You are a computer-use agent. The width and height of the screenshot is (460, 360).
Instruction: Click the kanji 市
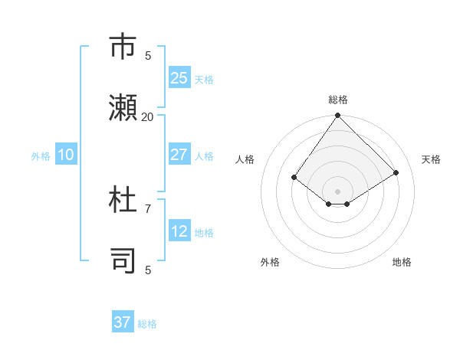coord(123,47)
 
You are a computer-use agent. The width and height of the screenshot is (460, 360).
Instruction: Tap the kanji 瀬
coord(123,107)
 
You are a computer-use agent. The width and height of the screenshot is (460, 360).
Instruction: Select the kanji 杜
coord(123,200)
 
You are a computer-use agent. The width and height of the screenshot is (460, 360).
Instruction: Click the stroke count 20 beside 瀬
coord(147,116)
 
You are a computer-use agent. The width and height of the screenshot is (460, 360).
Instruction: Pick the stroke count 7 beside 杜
coord(148,208)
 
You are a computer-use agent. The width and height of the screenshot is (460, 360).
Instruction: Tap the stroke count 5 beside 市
coord(148,55)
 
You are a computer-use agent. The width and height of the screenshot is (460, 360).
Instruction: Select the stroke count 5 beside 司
coord(148,270)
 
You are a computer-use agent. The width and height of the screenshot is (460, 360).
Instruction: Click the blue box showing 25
coord(179,78)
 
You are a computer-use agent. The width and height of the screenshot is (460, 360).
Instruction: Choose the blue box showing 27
coord(179,155)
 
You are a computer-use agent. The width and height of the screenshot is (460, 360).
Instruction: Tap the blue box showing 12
coord(179,231)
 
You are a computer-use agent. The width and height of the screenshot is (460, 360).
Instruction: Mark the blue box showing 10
coord(65,155)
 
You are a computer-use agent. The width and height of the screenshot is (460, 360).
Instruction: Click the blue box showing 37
coord(122,322)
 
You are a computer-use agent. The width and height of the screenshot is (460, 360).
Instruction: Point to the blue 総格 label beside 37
coord(147,324)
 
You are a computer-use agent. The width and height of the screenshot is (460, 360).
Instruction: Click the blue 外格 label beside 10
coord(41,156)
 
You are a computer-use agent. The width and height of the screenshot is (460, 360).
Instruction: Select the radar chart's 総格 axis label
coord(338,100)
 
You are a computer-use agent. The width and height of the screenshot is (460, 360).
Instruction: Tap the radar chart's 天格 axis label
coord(431,159)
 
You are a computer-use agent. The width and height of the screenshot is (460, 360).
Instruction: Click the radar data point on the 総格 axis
coord(338,116)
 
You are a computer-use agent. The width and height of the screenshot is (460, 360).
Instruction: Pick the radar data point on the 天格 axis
coord(396,172)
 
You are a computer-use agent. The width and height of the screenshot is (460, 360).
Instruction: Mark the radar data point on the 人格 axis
coord(294,177)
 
